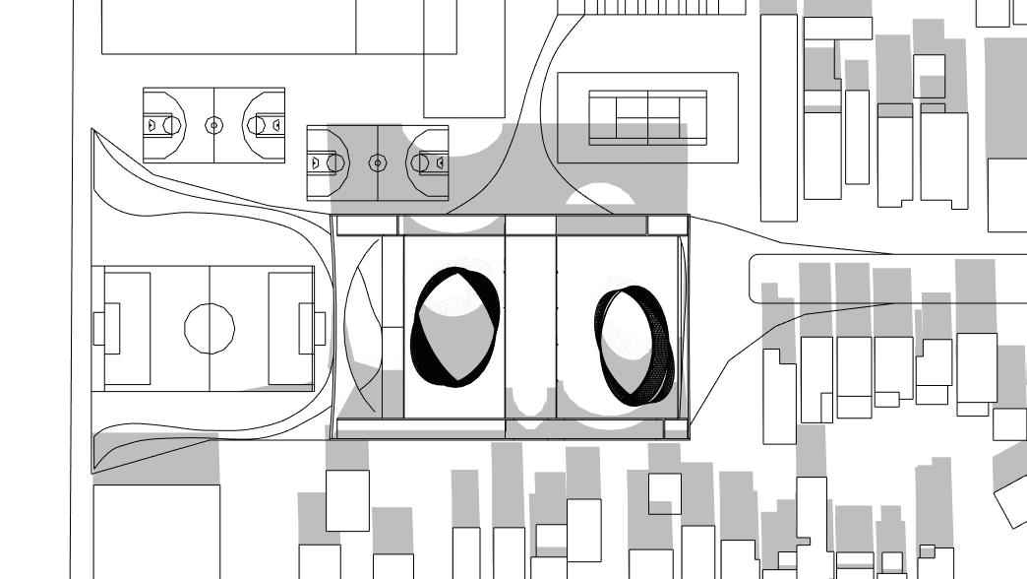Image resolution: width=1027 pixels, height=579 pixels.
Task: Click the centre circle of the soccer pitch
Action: (x=210, y=328)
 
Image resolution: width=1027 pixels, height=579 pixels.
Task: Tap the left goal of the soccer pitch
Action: (x=99, y=328)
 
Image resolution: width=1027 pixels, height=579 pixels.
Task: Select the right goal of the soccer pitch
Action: (x=320, y=328)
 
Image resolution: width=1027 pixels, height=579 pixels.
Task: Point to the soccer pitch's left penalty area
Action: (x=127, y=328)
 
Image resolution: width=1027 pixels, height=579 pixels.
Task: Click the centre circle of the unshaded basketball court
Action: (x=213, y=125)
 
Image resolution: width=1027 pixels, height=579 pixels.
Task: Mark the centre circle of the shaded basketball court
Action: (x=378, y=162)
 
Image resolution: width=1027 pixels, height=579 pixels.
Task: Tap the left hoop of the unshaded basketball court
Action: (x=152, y=125)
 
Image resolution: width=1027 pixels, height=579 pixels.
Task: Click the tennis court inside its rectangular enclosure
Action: (x=647, y=117)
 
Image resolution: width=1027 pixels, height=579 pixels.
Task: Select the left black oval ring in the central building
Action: (x=454, y=327)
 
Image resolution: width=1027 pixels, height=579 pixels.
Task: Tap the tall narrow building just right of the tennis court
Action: (x=779, y=116)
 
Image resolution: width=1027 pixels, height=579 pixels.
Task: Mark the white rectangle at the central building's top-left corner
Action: (x=366, y=225)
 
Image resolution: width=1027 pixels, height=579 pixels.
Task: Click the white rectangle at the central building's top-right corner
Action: (x=667, y=225)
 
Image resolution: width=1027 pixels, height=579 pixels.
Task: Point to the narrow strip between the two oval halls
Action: (x=530, y=325)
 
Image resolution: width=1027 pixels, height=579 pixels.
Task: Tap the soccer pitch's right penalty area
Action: (x=291, y=328)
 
